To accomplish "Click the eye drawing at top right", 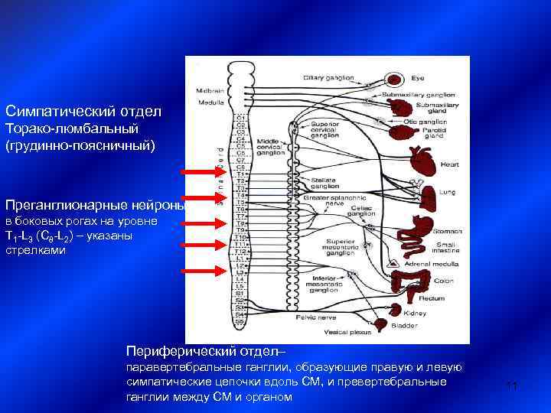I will pyautogui.click(x=393, y=78).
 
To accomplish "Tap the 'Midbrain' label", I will pyautogui.click(x=210, y=89).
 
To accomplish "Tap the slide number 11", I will pyautogui.click(x=513, y=387).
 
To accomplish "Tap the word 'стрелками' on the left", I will pyautogui.click(x=30, y=249).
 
